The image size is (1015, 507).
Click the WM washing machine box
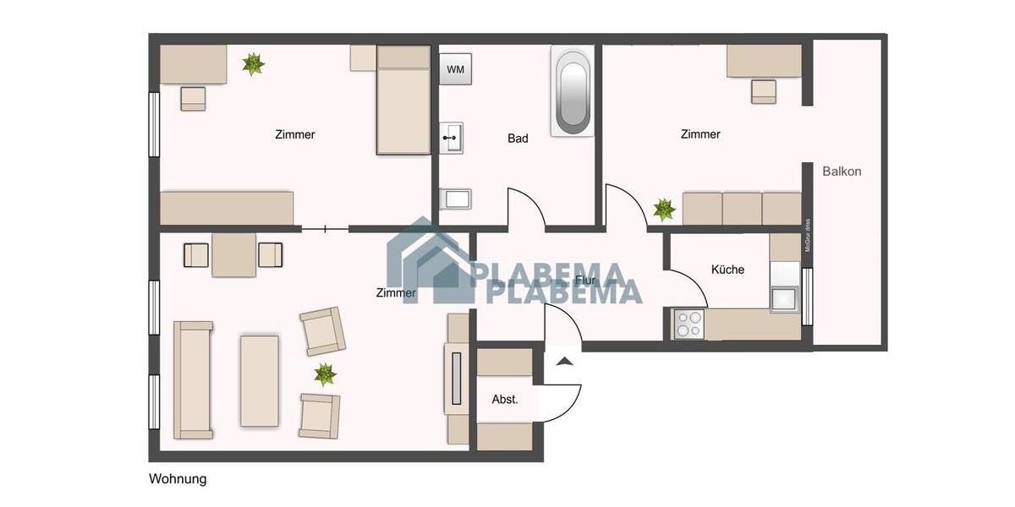455,68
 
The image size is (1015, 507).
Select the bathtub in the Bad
572,90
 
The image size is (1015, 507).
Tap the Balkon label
842,172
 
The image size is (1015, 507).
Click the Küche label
727,270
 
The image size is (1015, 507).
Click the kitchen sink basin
784,299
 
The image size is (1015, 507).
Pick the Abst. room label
505,400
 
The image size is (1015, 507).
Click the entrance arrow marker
564,361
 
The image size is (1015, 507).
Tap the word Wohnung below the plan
178,479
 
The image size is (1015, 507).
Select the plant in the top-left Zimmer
253,63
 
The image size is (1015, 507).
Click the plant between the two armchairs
325,373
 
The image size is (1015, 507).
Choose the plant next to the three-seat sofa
664,209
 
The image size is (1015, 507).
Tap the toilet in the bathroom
455,199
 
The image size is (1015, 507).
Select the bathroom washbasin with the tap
452,137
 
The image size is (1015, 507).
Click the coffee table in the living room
260,380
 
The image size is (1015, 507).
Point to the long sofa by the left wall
193,379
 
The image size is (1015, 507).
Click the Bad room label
518,139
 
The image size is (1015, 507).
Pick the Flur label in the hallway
584,280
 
